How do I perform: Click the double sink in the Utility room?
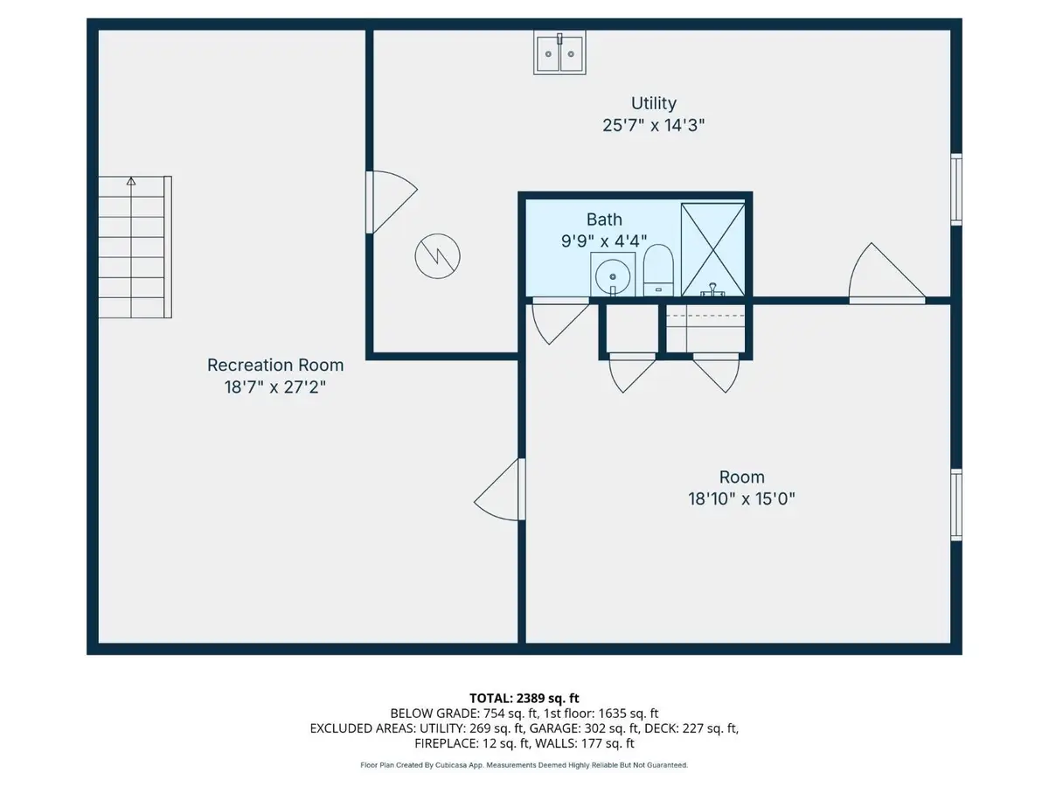pos(561,54)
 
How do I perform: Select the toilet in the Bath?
pos(658,269)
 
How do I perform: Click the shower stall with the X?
pos(712,249)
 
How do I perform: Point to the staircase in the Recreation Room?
pos(135,247)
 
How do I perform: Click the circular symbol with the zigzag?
pos(438,256)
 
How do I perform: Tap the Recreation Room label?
pos(275,365)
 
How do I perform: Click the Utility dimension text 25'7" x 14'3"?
pos(654,125)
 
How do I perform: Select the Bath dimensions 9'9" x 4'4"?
pos(605,240)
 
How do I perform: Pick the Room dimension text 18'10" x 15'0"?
pos(742,499)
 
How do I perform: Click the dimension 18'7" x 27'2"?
pos(275,387)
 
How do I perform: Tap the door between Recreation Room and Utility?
pos(389,200)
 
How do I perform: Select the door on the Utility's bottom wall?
pos(886,276)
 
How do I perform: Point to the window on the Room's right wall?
pos(956,504)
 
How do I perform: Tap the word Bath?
pos(605,219)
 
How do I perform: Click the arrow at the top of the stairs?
pos(131,182)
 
